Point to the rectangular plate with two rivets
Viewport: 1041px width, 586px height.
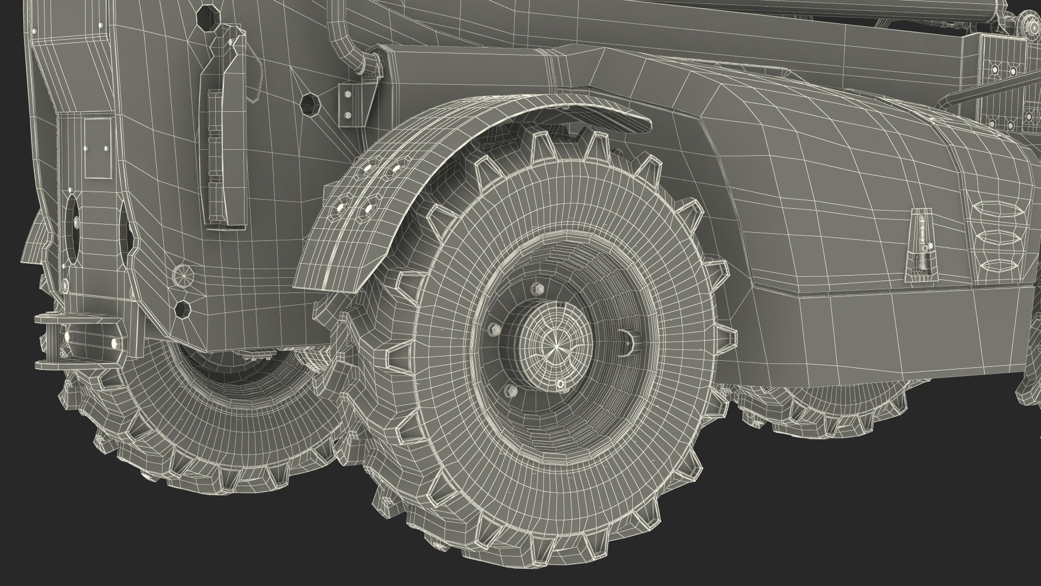(98, 148)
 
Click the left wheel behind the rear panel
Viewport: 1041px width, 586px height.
(217, 418)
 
